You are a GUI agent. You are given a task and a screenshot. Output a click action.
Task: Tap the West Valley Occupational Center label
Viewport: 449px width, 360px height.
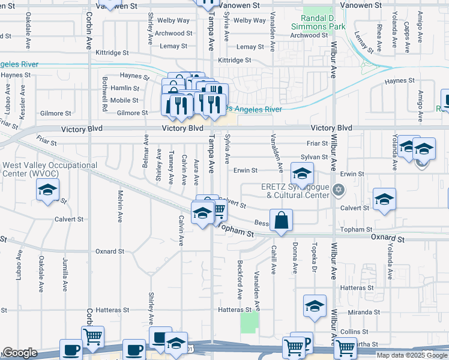click(50, 169)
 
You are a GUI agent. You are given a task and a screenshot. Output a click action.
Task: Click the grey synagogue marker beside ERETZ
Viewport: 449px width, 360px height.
click(339, 190)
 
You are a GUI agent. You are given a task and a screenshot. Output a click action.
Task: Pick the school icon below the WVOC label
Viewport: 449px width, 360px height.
click(46, 191)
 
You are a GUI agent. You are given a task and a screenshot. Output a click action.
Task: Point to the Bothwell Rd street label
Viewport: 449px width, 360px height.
click(104, 96)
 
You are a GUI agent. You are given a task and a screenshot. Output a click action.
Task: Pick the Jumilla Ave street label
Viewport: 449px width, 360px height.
click(65, 274)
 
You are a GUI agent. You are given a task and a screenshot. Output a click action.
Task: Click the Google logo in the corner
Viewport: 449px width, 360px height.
click(20, 353)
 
